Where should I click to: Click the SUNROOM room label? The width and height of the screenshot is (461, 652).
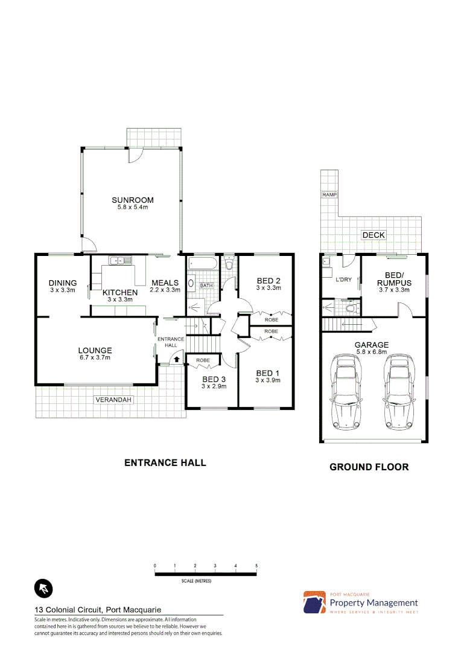point(132,200)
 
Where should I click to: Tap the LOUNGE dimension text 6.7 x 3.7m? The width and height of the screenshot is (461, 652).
point(95,357)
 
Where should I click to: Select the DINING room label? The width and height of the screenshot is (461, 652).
point(63,283)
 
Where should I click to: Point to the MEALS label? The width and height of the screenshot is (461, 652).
point(165,283)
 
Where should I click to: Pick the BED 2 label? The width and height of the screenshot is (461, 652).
point(269,281)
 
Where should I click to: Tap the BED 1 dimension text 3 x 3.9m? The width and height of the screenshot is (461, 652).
point(269,380)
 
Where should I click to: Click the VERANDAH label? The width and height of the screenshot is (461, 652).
point(113,400)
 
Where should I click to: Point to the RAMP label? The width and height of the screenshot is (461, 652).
point(329,195)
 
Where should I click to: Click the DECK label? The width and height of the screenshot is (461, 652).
point(373,235)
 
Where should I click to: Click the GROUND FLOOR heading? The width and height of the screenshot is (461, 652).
point(369,467)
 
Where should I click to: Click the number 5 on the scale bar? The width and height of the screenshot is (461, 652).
point(256,566)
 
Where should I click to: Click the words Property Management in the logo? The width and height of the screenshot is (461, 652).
point(374,602)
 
